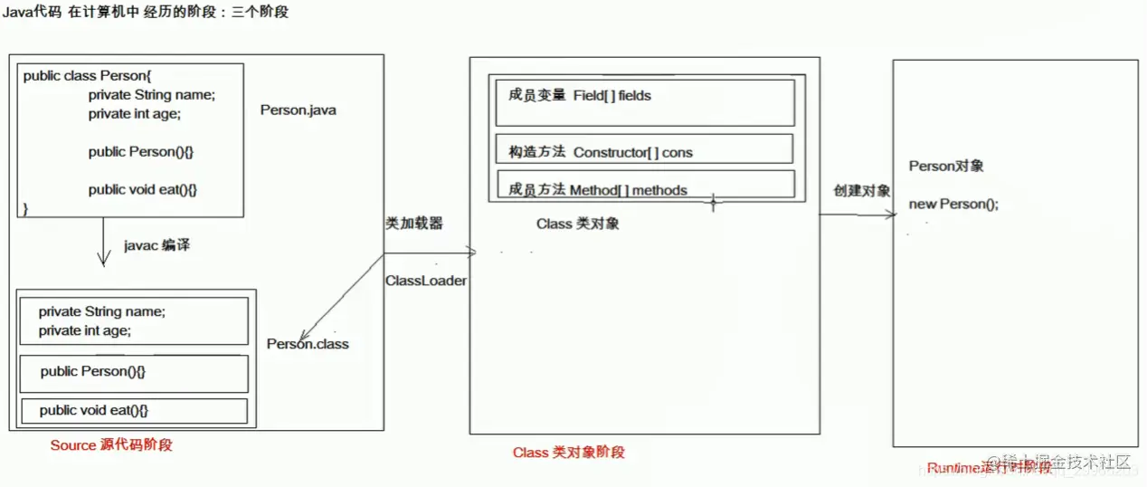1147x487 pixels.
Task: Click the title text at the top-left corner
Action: click(145, 13)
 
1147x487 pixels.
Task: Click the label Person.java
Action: click(298, 110)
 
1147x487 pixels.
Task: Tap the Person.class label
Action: click(308, 344)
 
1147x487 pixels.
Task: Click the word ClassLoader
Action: click(426, 281)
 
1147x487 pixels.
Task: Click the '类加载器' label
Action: click(414, 223)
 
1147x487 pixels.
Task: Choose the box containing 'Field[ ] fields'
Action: click(644, 102)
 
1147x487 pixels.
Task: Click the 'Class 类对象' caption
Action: click(577, 224)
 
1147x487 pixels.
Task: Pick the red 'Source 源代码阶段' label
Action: click(111, 444)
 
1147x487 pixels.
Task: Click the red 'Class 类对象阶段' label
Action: click(568, 452)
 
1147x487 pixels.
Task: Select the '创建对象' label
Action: click(861, 191)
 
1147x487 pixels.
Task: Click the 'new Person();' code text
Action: click(953, 204)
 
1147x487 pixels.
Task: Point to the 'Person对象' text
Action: click(946, 166)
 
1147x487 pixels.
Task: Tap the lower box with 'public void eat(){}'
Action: click(134, 411)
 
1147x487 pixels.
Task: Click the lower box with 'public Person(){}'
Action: click(134, 373)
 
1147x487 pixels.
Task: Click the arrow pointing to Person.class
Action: click(339, 299)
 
